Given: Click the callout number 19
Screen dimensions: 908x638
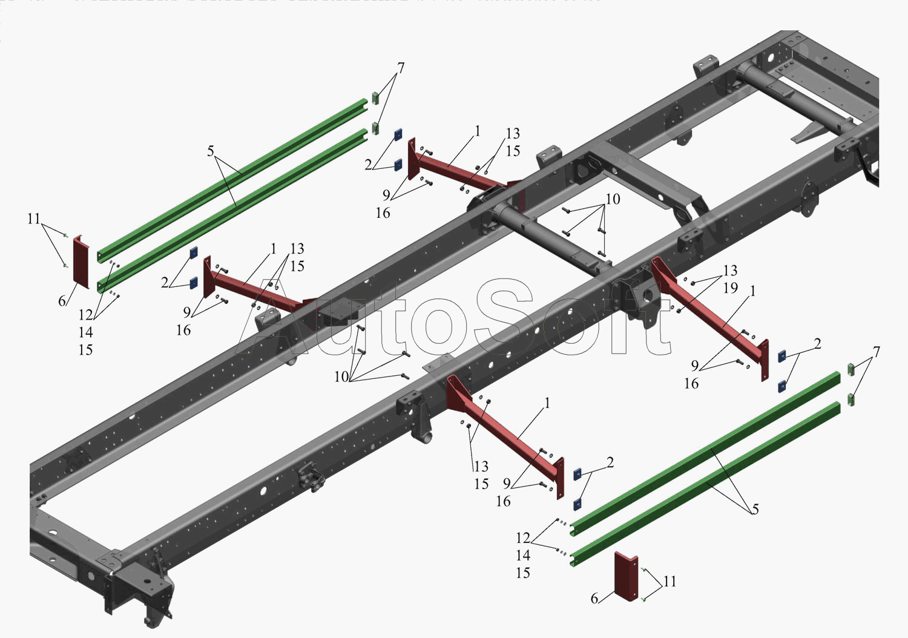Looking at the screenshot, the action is point(731,288).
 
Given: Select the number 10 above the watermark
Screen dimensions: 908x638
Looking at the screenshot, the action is point(613,199).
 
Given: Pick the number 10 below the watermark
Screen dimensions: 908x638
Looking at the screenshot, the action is point(341,377).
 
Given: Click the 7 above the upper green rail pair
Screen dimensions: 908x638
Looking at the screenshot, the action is point(401,68).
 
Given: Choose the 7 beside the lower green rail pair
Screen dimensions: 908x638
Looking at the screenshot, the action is point(876,352).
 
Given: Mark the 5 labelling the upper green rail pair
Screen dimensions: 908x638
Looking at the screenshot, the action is point(211,151).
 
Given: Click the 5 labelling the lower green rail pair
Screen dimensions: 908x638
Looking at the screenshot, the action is point(755,510).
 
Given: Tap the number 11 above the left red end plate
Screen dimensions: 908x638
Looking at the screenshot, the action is point(34,219).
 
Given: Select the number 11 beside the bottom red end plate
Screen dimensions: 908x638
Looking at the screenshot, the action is point(669,582).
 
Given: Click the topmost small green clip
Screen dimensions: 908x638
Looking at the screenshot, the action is point(375,97).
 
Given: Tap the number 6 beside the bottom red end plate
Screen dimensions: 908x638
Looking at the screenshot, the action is point(594,599).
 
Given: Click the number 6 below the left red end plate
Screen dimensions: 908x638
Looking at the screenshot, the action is point(62,301).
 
